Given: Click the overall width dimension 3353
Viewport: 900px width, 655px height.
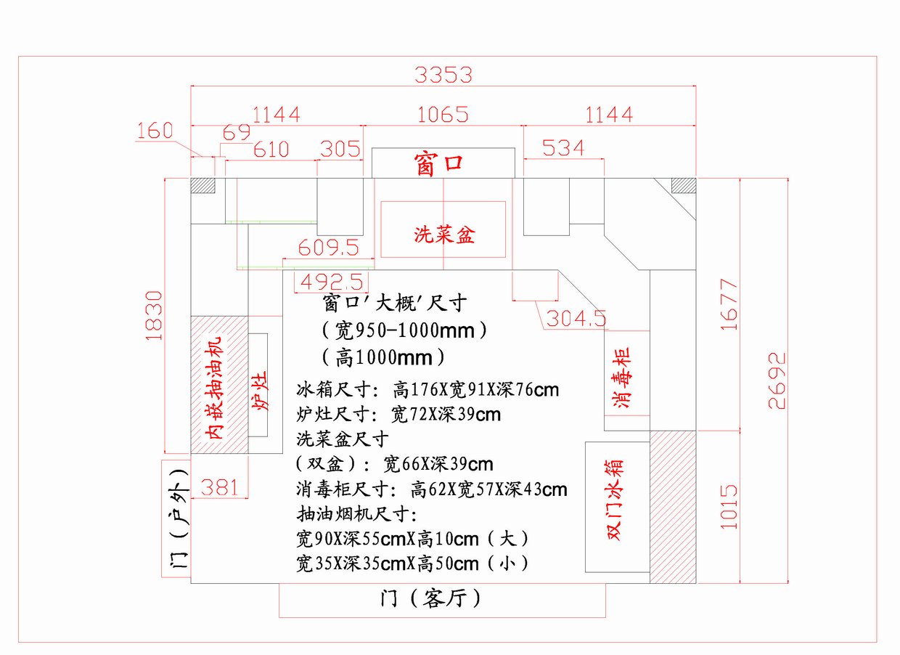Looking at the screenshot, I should tap(443, 75).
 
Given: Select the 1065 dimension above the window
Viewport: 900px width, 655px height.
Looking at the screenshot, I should tap(443, 115).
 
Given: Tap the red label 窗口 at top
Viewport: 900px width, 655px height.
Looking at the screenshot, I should tap(438, 163).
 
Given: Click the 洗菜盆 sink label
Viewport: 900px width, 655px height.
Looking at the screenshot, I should tap(444, 235).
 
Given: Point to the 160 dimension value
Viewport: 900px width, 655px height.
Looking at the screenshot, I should tap(155, 131).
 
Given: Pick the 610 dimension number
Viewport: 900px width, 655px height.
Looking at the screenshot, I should tap(271, 150).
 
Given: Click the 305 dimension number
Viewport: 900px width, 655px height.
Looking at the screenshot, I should tap(340, 149).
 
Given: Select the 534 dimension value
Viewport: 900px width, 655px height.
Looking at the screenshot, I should tap(563, 148).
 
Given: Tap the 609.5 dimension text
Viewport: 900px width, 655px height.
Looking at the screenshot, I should tap(329, 248).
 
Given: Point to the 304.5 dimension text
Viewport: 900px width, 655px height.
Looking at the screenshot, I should tap(576, 318).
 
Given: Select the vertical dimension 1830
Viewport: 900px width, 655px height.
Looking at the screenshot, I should tap(155, 315).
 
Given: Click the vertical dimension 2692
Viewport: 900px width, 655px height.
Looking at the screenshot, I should tap(777, 381).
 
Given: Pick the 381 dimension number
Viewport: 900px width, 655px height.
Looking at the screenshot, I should tap(218, 487).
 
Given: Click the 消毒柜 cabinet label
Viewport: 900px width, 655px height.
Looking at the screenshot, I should tap(623, 378).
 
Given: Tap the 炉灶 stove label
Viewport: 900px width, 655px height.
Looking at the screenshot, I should tap(260, 391).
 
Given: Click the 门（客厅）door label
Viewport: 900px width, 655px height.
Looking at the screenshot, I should tap(430, 599).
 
